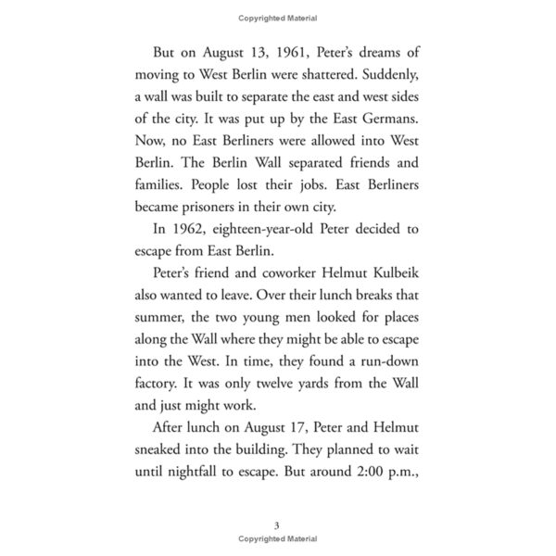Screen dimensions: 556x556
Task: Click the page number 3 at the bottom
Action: click(277, 525)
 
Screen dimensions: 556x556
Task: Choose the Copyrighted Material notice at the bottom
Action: click(277, 538)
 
